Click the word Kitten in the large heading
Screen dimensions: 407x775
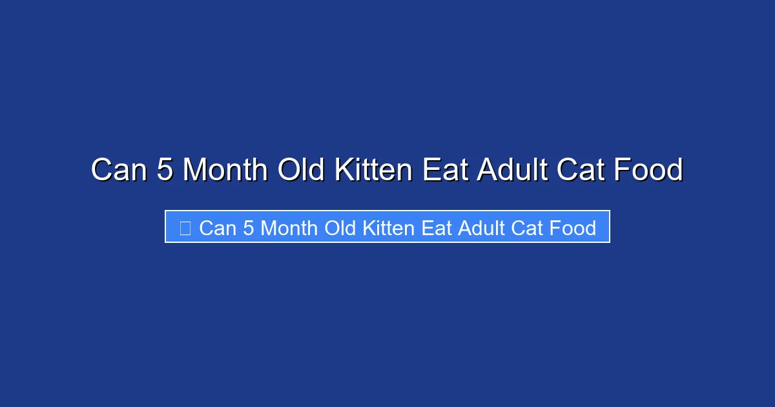[373, 171]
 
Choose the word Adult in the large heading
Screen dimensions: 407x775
[510, 171]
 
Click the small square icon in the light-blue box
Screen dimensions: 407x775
[185, 228]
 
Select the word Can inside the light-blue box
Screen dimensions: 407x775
[218, 228]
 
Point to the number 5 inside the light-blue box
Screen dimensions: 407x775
[249, 228]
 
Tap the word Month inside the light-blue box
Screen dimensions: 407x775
[289, 228]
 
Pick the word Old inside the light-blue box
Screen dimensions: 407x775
[340, 228]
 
